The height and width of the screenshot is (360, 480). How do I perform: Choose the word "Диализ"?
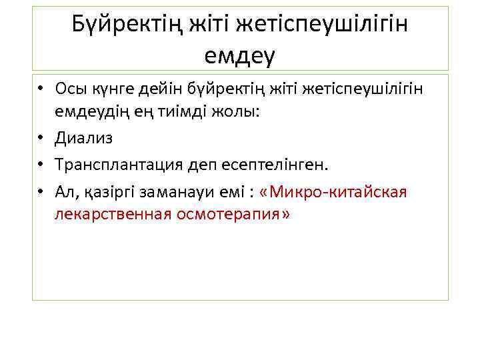pos(84,138)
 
